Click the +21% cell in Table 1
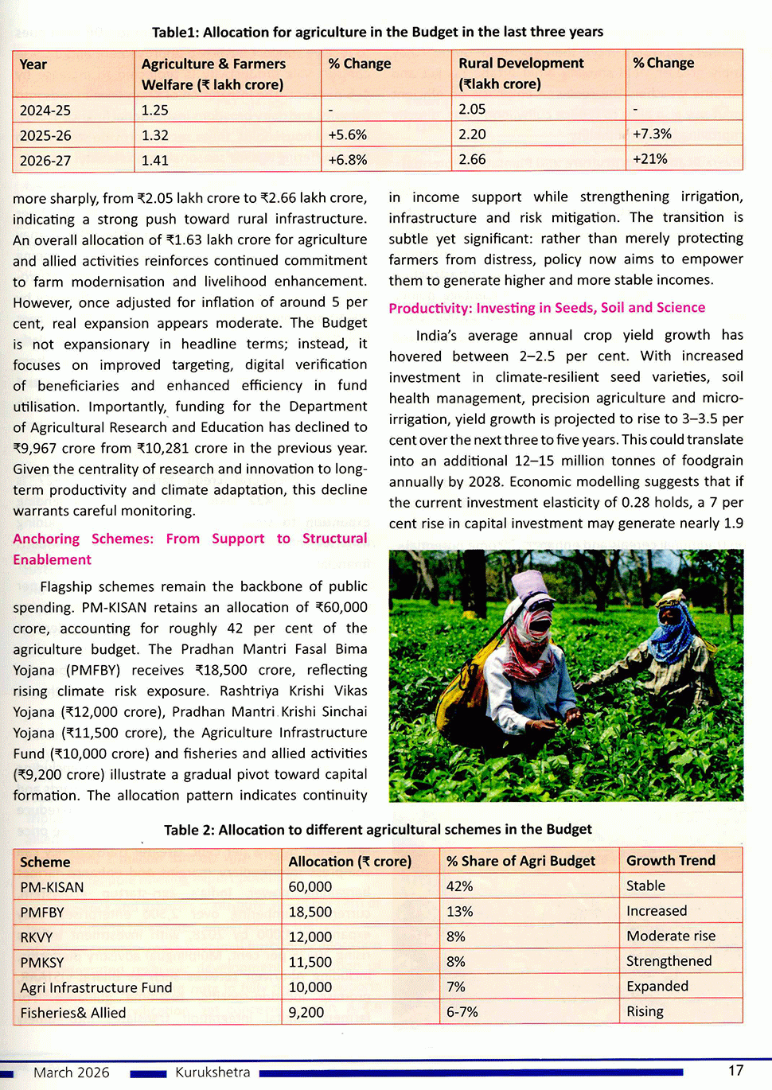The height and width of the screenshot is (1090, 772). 650,159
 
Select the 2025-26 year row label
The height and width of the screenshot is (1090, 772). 45,135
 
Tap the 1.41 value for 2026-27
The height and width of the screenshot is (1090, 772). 155,160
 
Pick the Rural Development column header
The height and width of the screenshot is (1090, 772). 521,73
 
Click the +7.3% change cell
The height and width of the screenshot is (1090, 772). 652,134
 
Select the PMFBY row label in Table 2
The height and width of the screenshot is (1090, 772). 42,913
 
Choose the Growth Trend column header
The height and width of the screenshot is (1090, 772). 670,861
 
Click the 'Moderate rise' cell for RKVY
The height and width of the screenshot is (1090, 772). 670,936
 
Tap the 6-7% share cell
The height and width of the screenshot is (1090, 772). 462,1012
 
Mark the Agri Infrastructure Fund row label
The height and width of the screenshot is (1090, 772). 96,987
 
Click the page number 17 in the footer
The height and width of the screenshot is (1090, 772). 735,1071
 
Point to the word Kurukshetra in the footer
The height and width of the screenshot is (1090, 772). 212,1072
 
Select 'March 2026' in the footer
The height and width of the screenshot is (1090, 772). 72,1072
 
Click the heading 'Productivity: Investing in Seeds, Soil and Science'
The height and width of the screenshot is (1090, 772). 547,308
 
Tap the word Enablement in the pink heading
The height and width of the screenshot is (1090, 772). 52,559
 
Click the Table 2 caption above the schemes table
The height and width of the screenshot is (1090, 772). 377,830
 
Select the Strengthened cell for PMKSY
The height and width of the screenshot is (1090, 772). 669,961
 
